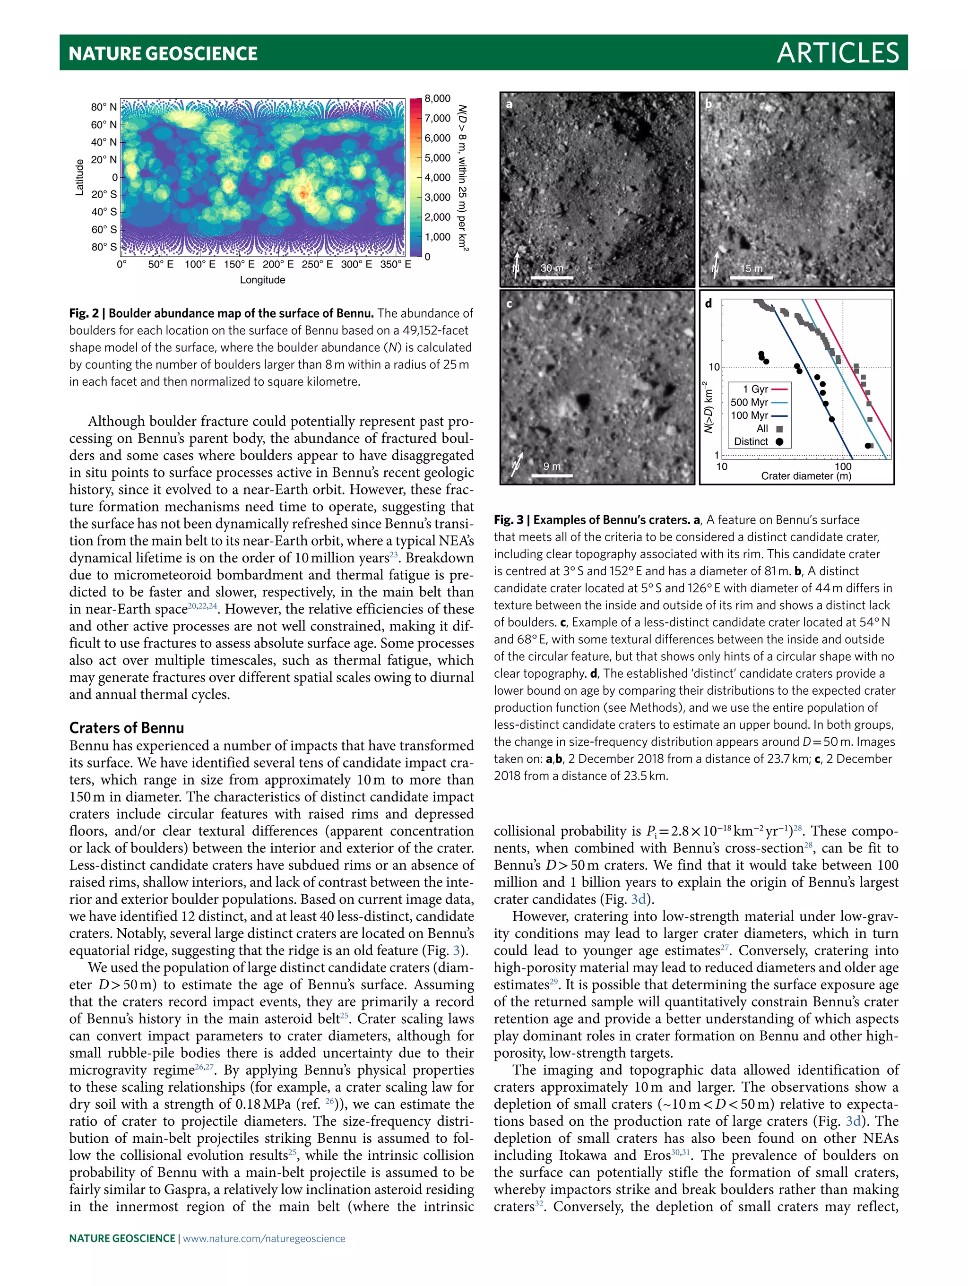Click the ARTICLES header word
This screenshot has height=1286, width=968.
pyautogui.click(x=837, y=53)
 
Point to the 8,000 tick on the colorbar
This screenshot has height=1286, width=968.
pyautogui.click(x=437, y=98)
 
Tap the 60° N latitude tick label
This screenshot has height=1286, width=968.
pyautogui.click(x=104, y=124)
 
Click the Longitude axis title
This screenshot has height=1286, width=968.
pyautogui.click(x=262, y=280)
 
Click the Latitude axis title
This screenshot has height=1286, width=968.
pyautogui.click(x=80, y=177)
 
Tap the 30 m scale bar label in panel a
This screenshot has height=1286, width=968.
pyautogui.click(x=551, y=268)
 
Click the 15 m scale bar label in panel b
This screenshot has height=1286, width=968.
pyautogui.click(x=751, y=268)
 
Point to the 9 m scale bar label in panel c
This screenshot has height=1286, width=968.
pyautogui.click(x=552, y=466)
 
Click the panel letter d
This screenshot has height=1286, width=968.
pyautogui.click(x=708, y=303)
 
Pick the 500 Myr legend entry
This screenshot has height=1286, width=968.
pyautogui.click(x=750, y=402)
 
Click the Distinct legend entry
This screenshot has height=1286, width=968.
pyautogui.click(x=751, y=441)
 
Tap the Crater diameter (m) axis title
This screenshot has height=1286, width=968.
pyautogui.click(x=806, y=475)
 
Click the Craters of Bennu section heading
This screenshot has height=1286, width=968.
pyautogui.click(x=126, y=728)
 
